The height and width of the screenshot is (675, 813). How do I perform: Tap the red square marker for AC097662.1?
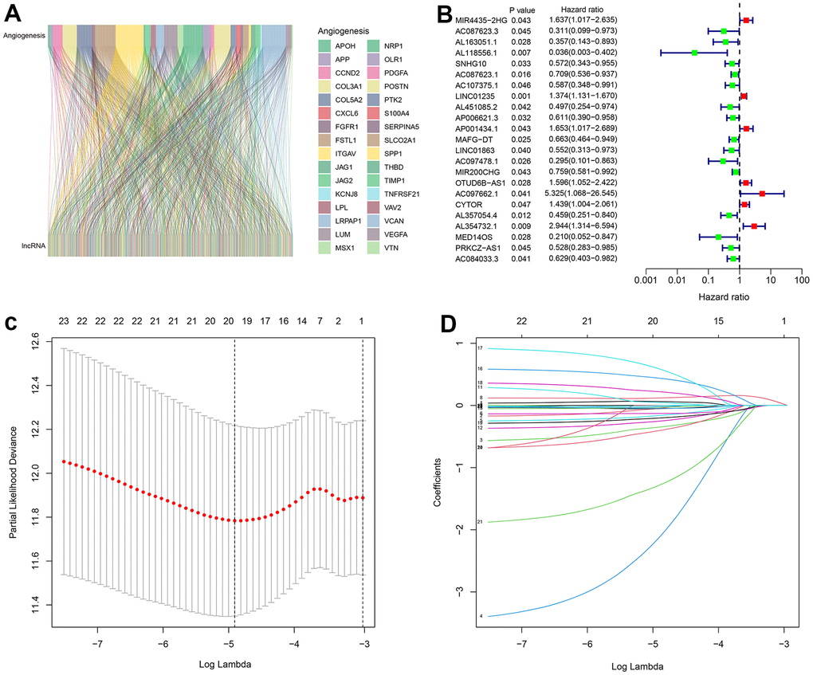pyautogui.click(x=762, y=193)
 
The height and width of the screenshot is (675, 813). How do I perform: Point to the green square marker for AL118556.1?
pyautogui.click(x=694, y=53)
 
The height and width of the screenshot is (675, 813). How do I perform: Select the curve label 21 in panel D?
pyautogui.click(x=480, y=522)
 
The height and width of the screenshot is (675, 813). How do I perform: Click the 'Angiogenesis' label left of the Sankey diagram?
pyautogui.click(x=24, y=36)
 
